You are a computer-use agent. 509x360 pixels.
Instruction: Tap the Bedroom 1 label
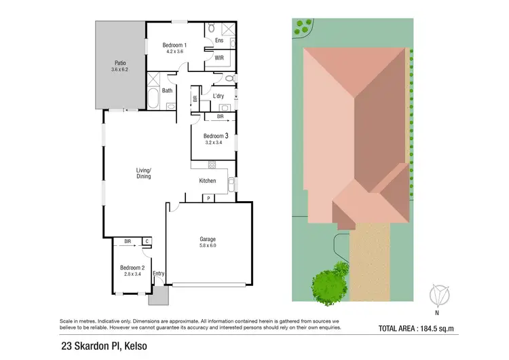coord(174,46)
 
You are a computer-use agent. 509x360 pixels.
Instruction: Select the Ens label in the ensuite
coord(219,41)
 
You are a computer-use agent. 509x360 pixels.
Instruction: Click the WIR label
coord(219,58)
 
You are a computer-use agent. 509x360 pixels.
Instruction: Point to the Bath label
coord(167,90)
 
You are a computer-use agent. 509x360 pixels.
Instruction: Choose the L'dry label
coord(219,96)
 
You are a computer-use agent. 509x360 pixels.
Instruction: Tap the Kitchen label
coord(208,181)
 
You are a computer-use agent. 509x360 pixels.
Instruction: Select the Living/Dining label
coord(143,173)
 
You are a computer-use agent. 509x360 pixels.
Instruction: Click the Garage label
coord(207,239)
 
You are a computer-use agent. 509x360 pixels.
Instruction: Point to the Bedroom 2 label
coord(132,267)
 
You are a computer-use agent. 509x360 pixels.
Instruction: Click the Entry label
coord(158,274)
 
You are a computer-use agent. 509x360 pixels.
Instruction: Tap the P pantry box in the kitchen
coord(207,198)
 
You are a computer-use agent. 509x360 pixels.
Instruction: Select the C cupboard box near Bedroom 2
coord(147,240)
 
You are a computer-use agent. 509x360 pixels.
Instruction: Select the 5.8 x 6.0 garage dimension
coord(207,247)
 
